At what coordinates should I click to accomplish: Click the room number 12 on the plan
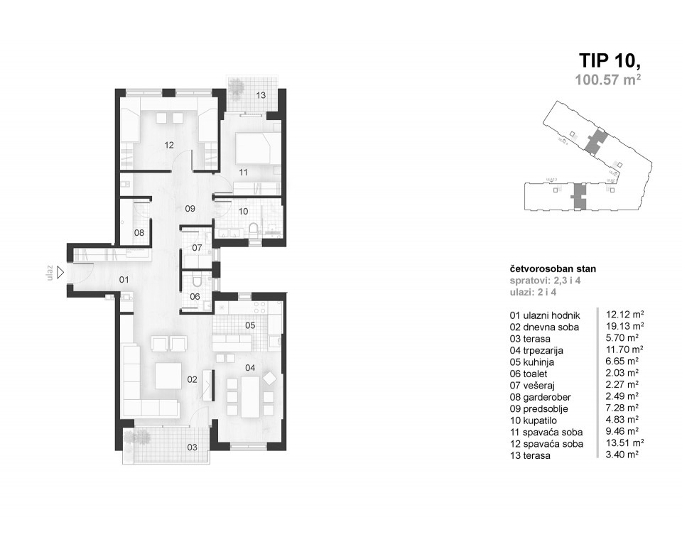[169, 145]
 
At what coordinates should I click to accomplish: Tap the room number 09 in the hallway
[190, 209]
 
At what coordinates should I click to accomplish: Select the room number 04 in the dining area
[249, 367]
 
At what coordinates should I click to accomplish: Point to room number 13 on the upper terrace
[261, 95]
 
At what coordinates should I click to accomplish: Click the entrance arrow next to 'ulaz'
[60, 271]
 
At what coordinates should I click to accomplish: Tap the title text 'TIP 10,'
[610, 60]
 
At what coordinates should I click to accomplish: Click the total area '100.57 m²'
[607, 80]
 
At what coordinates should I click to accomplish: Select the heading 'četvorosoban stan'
[553, 269]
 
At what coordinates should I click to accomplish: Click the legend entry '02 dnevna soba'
[544, 327]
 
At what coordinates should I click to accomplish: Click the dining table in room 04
[251, 396]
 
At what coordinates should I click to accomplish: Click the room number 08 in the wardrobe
[139, 232]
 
